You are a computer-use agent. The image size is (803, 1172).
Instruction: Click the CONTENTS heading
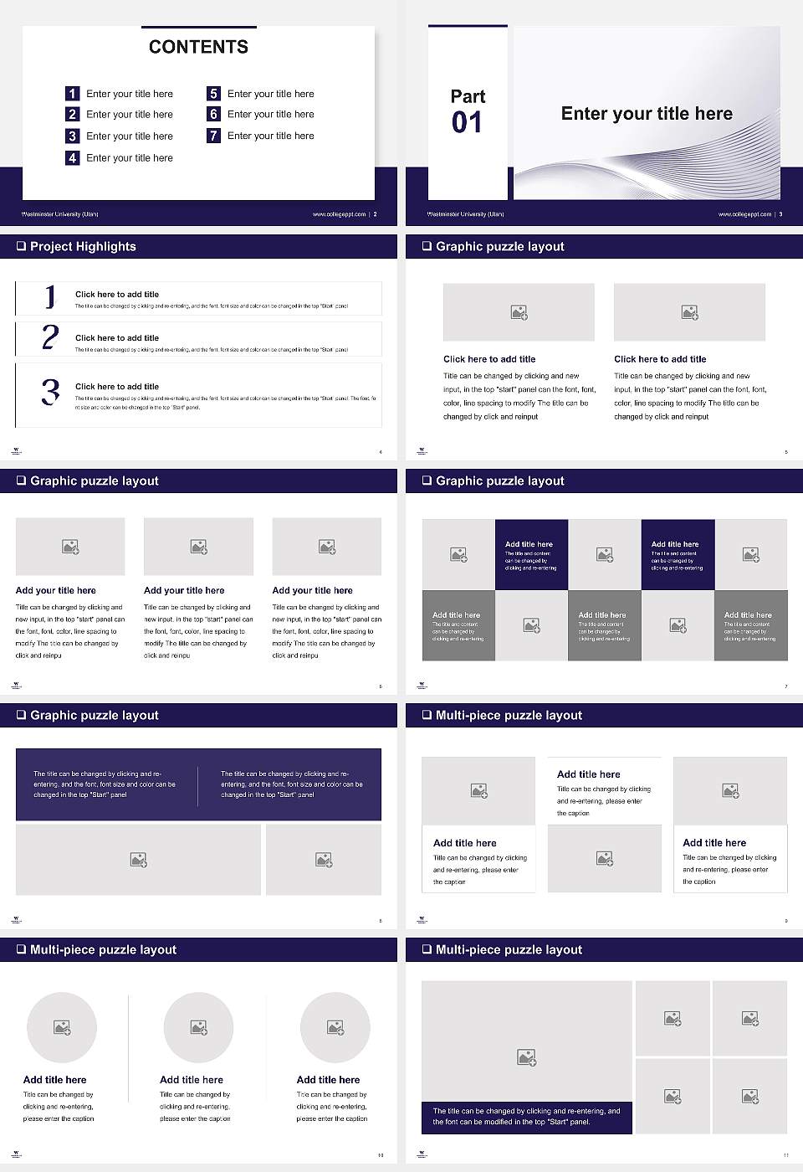click(198, 47)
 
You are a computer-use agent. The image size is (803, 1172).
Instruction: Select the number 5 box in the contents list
click(213, 94)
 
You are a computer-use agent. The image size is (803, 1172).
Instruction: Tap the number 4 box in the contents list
click(73, 157)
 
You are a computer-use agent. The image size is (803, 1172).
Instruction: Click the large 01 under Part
click(467, 123)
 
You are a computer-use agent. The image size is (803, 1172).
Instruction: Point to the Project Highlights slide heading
click(83, 246)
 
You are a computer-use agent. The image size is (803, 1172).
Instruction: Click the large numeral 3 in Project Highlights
click(50, 392)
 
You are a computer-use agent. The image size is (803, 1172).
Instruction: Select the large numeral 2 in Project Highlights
click(50, 337)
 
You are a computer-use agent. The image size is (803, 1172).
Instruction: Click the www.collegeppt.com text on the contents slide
click(339, 214)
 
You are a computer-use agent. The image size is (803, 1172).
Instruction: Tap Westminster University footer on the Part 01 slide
click(465, 214)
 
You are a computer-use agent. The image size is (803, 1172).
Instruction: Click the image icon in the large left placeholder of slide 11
click(526, 1058)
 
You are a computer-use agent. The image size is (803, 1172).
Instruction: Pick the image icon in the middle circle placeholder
click(198, 1027)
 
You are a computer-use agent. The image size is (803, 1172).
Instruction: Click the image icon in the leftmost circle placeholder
click(62, 1027)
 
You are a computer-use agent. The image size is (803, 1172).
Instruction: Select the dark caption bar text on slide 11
click(526, 1117)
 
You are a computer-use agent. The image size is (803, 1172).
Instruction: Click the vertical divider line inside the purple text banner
click(198, 785)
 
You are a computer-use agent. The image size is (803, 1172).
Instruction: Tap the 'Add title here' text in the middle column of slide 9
click(588, 774)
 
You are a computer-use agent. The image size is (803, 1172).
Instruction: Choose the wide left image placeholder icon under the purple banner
click(139, 860)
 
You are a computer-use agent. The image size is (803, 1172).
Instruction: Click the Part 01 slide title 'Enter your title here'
click(646, 114)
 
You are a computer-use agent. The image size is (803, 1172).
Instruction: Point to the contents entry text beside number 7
click(270, 136)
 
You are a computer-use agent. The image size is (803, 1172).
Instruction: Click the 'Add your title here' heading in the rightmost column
click(312, 590)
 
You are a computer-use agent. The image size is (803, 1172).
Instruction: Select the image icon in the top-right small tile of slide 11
click(750, 1018)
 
